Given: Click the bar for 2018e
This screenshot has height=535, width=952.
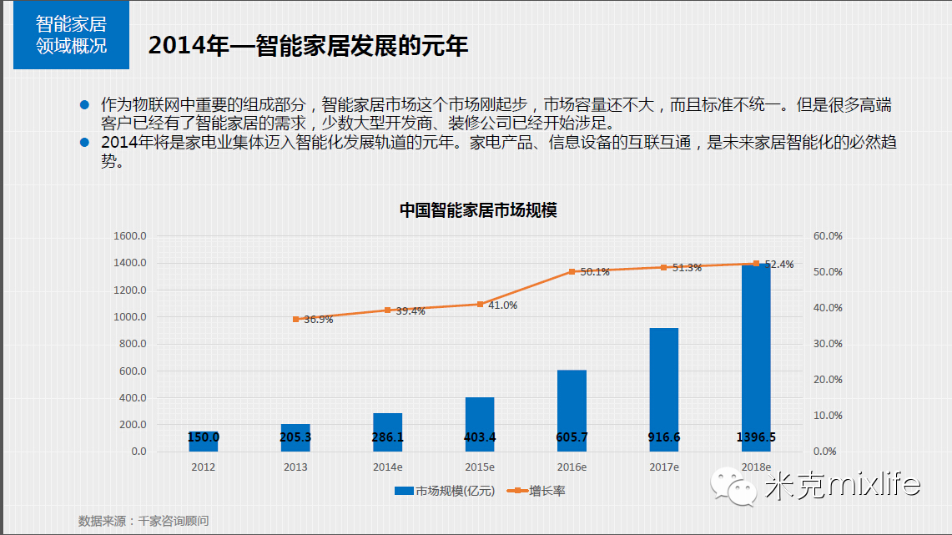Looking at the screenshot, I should pyautogui.click(x=756, y=359).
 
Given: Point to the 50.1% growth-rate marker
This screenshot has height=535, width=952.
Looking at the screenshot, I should pyautogui.click(x=572, y=271).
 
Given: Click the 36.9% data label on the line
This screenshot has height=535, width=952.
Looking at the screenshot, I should pyautogui.click(x=319, y=320).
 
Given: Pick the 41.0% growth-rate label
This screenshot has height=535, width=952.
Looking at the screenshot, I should pyautogui.click(x=502, y=305).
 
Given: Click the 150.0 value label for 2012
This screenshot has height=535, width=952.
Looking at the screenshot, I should pyautogui.click(x=204, y=437).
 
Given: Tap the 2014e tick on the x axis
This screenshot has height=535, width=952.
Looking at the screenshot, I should pyautogui.click(x=387, y=467).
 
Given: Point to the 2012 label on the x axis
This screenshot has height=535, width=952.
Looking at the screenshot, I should pyautogui.click(x=203, y=467).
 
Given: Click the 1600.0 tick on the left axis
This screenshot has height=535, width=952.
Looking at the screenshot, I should pyautogui.click(x=130, y=236).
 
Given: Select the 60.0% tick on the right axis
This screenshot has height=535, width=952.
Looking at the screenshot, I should pyautogui.click(x=828, y=236).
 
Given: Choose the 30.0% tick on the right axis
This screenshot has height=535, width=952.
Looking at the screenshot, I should pyautogui.click(x=828, y=344).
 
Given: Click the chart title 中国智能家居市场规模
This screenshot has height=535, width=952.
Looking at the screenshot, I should pyautogui.click(x=477, y=210).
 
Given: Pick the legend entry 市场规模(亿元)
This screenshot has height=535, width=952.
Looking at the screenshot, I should pyautogui.click(x=447, y=491).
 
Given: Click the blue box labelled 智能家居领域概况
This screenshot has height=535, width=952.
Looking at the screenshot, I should pyautogui.click(x=71, y=35).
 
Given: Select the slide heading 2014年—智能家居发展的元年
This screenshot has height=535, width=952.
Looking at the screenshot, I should pyautogui.click(x=308, y=45).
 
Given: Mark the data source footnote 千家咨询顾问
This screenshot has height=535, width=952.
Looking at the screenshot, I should pyautogui.click(x=144, y=521).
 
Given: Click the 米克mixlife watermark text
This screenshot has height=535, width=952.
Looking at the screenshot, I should pyautogui.click(x=842, y=484).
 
